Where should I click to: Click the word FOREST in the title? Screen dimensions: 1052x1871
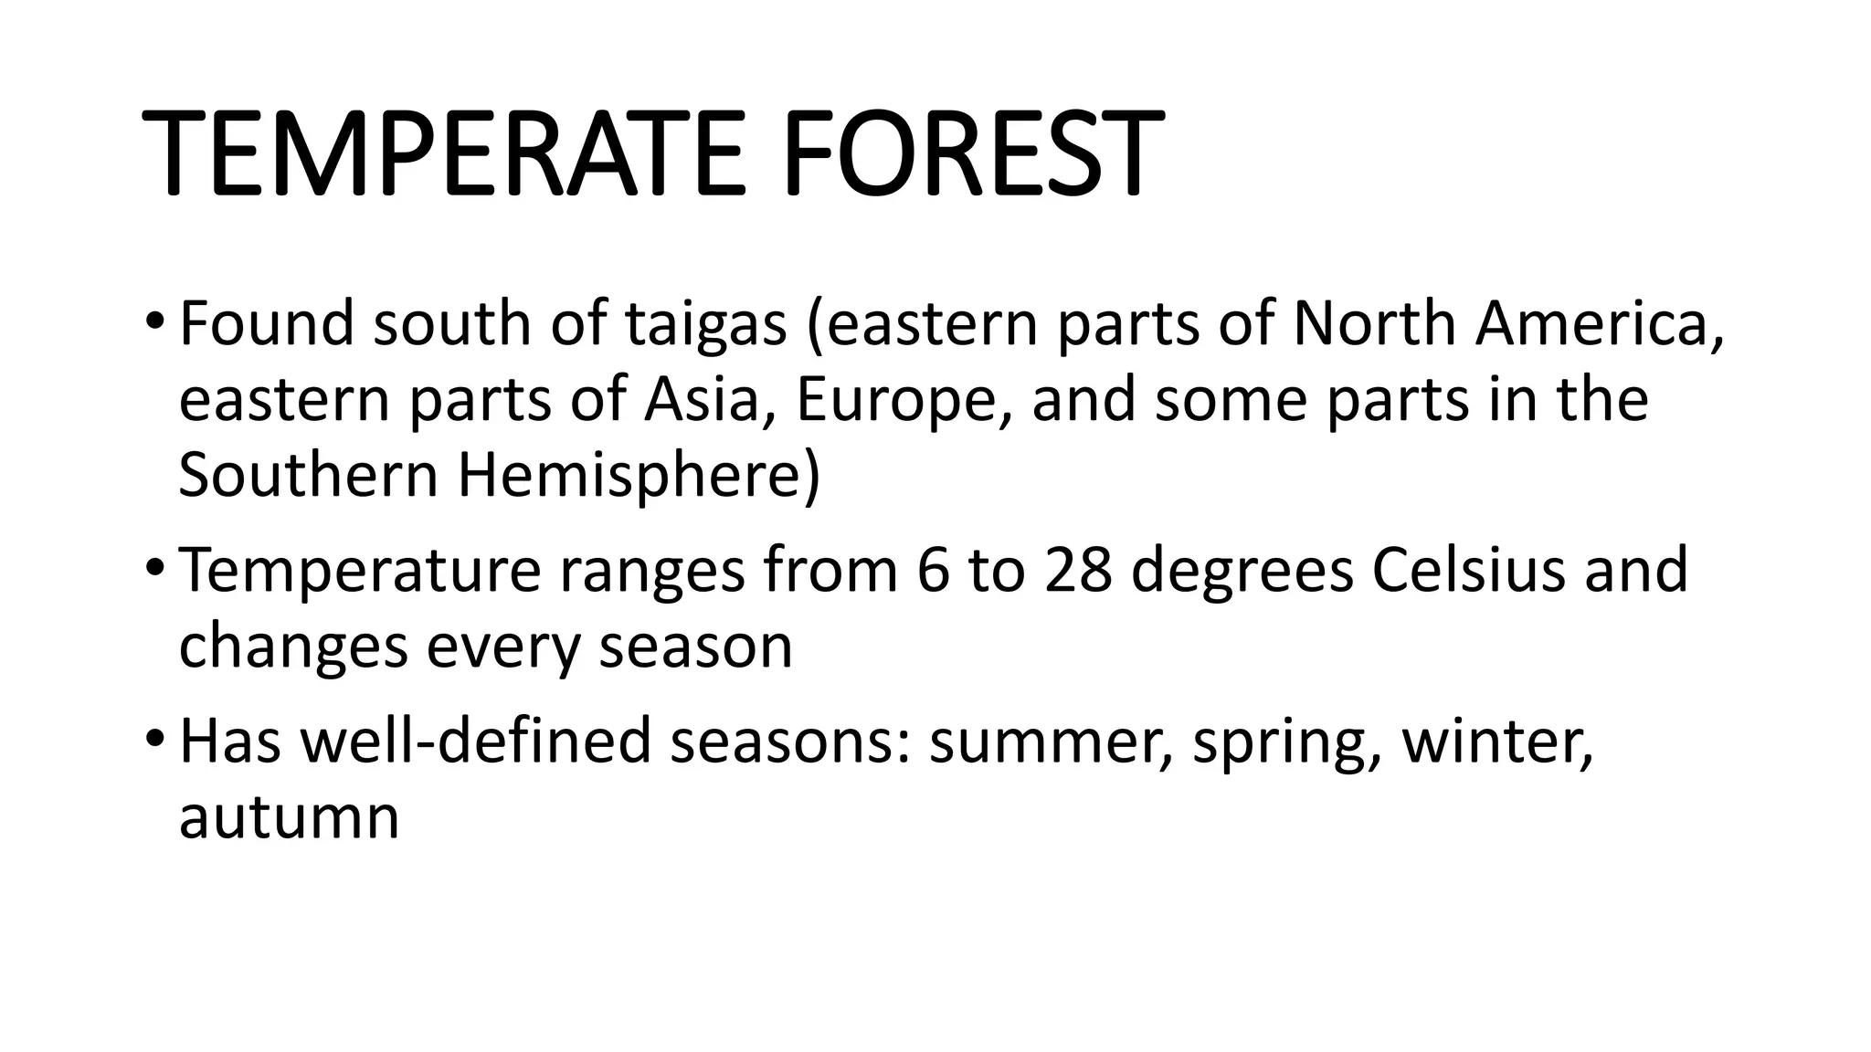[x=972, y=153]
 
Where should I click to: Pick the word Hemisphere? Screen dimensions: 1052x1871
[x=639, y=476]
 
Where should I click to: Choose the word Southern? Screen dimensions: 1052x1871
[x=308, y=476]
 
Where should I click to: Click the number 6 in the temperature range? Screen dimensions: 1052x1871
[x=933, y=571]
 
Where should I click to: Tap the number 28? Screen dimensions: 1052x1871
[x=1078, y=571]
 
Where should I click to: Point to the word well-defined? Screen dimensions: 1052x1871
[x=476, y=741]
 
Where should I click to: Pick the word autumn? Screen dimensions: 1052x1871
[x=289, y=818]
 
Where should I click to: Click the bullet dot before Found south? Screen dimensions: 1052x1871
[x=154, y=325]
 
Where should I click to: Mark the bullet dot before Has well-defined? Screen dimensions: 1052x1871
[x=154, y=741]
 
